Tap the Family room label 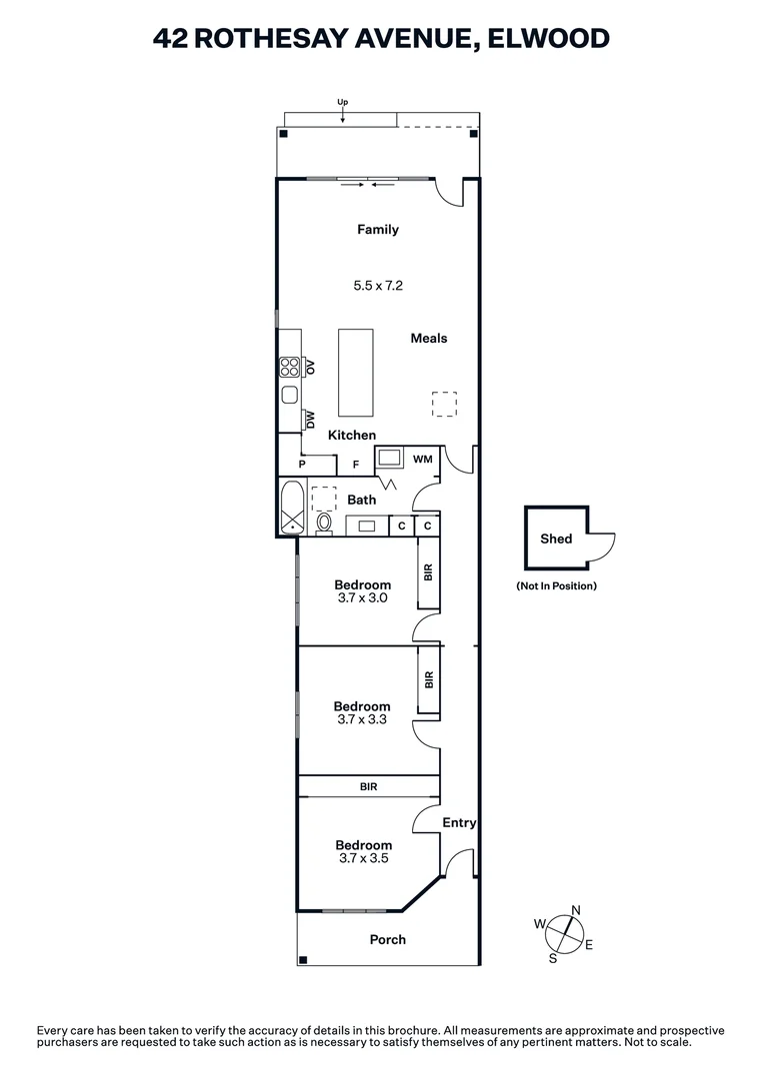[x=378, y=230]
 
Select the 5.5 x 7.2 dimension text [x=378, y=286]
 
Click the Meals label [x=429, y=339]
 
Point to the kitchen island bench [x=355, y=373]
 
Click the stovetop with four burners [x=290, y=367]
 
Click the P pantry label [x=301, y=466]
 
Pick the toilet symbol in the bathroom [x=324, y=523]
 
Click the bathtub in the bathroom [x=292, y=508]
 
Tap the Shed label [x=556, y=539]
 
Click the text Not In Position [x=556, y=586]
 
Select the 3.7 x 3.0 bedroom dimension [x=362, y=598]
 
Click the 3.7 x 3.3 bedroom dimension [x=362, y=719]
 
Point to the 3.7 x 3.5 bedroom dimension [x=363, y=858]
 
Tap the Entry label [x=459, y=823]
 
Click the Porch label [x=388, y=940]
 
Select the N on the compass [x=575, y=910]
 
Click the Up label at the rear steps [x=342, y=102]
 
